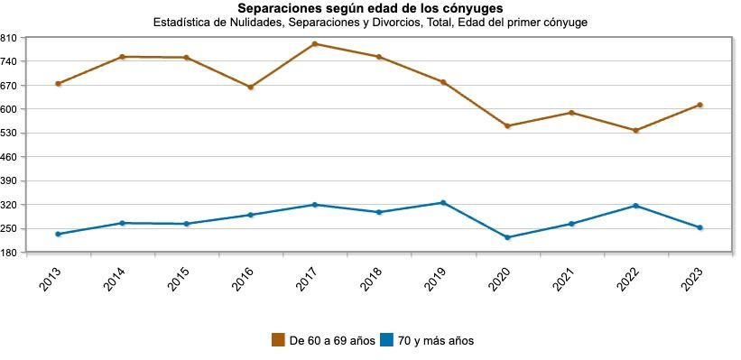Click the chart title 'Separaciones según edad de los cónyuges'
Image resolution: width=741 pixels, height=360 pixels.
click(x=370, y=9)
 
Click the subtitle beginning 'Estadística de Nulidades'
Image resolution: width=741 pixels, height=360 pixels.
click(x=370, y=23)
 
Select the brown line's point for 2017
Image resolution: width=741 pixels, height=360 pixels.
click(x=315, y=43)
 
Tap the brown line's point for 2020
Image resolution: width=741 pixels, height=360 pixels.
click(x=507, y=126)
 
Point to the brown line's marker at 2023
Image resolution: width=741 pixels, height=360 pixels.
click(x=699, y=105)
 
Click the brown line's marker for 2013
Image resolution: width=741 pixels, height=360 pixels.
click(x=58, y=84)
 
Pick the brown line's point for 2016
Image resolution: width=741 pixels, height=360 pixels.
click(x=251, y=88)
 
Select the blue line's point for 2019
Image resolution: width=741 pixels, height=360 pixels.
click(x=443, y=202)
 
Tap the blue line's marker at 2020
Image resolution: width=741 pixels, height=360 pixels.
click(x=507, y=237)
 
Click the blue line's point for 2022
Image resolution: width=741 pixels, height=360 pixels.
click(x=635, y=206)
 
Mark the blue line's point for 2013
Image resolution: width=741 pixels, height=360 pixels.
click(x=58, y=235)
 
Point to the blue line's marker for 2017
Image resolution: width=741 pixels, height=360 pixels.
click(x=315, y=205)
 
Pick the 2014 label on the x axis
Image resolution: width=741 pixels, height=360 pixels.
click(x=116, y=278)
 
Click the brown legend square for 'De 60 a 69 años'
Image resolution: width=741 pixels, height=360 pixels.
click(x=279, y=340)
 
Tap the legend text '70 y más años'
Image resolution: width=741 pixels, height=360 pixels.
click(x=436, y=341)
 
